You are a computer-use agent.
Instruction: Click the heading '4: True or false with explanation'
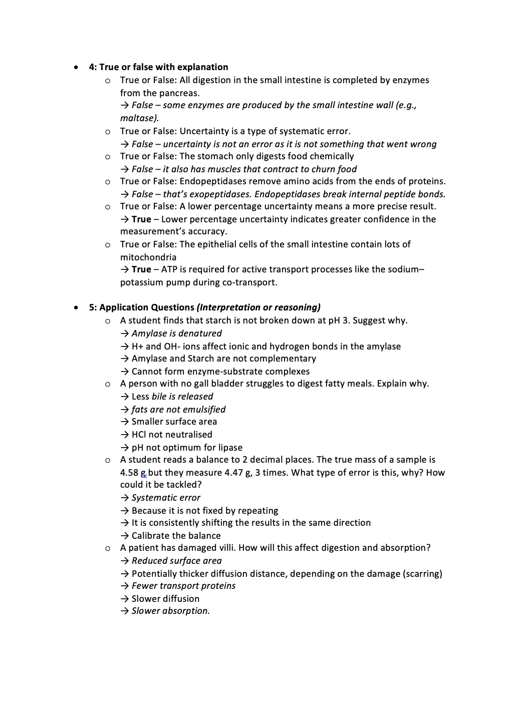coord(158,67)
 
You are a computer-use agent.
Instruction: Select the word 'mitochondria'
coord(148,257)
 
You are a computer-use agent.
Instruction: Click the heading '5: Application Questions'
coord(142,307)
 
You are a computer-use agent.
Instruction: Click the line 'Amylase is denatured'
coord(176,333)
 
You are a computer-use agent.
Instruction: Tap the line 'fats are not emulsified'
coord(178,410)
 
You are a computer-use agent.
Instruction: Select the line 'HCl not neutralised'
coord(172,435)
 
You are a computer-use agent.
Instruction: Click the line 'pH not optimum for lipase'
coord(187,448)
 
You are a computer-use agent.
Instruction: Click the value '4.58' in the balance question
coord(129,473)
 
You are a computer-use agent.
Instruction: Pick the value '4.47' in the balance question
coord(233,473)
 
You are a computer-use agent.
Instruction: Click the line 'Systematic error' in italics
coord(166,498)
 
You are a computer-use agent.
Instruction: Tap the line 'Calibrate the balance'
coord(176,536)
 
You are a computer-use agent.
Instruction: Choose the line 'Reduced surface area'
coord(176,561)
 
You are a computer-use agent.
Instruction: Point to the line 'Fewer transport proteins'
coord(183,586)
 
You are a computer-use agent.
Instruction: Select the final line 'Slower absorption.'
coord(170,611)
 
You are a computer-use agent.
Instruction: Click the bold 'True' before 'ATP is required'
coord(141,269)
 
